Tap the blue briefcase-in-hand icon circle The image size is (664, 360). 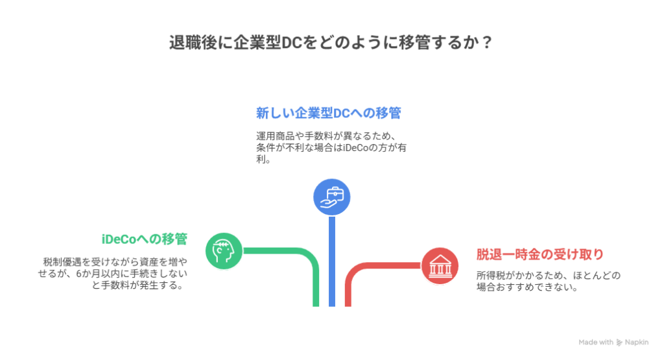(x=332, y=197)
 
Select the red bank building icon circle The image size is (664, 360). (x=440, y=265)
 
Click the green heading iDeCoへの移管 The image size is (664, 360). (x=145, y=238)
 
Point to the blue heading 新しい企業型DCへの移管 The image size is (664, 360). (x=329, y=113)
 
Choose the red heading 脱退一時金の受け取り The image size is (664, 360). (x=539, y=254)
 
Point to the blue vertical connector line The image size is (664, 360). (x=332, y=259)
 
